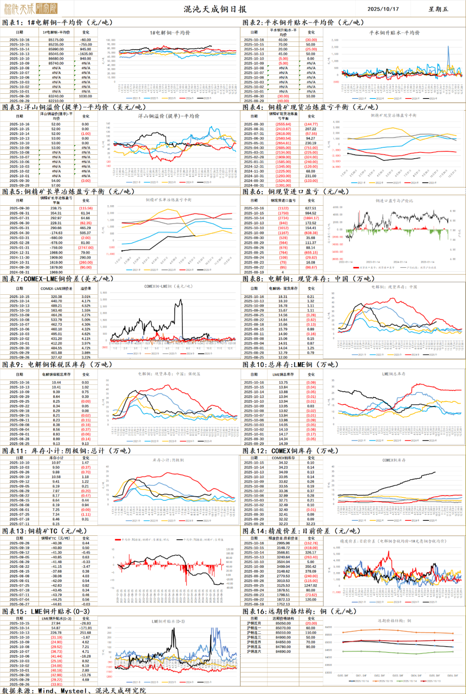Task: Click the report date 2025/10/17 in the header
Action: (x=383, y=9)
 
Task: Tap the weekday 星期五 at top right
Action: (x=438, y=9)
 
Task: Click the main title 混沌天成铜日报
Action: (x=215, y=9)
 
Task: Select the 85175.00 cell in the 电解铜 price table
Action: (x=56, y=40)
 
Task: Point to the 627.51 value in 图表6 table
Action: (x=311, y=208)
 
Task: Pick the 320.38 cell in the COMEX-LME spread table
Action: (x=56, y=297)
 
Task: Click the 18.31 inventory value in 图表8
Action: (x=283, y=297)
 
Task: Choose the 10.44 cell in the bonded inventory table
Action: (x=56, y=382)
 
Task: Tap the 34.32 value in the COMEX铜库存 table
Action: (x=283, y=462)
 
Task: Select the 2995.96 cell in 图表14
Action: (x=283, y=543)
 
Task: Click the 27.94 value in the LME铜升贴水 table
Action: (x=56, y=623)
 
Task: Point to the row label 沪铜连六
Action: (x=254, y=652)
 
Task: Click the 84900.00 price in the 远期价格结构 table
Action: (x=283, y=637)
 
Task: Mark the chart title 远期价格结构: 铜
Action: (x=394, y=621)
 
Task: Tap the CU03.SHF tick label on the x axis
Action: (x=397, y=675)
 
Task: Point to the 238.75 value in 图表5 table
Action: (x=56, y=208)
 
